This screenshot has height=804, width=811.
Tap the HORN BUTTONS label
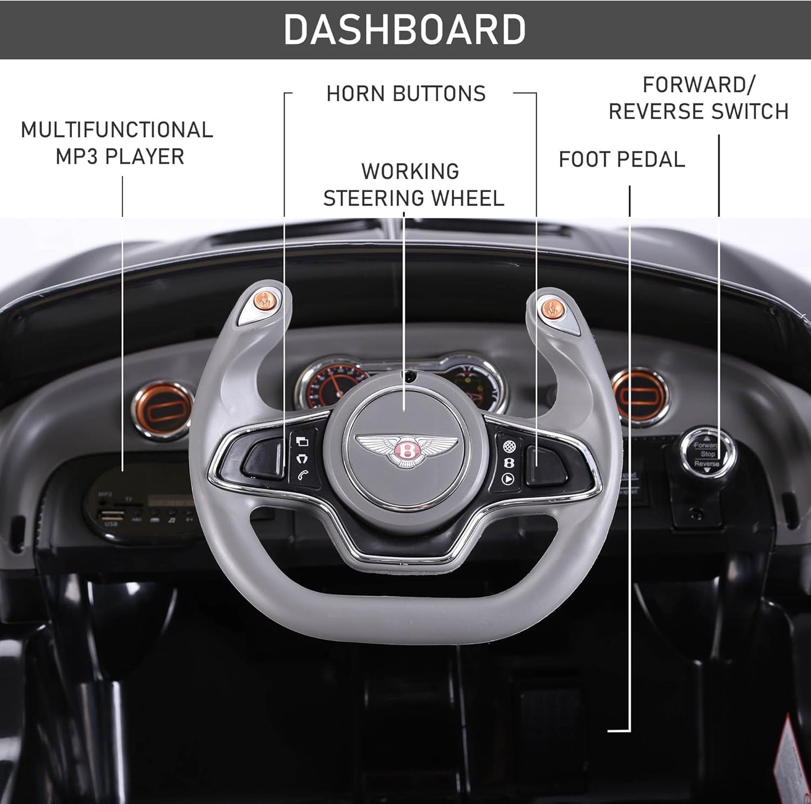click(x=406, y=94)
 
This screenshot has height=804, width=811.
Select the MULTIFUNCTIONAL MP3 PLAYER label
click(x=117, y=143)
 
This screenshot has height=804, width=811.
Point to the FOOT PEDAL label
click(x=622, y=159)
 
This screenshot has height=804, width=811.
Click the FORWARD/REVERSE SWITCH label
click(x=699, y=98)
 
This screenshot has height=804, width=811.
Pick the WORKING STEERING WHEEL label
click(x=413, y=185)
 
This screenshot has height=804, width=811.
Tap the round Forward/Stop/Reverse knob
click(x=706, y=454)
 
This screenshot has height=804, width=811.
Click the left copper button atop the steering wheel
click(x=264, y=300)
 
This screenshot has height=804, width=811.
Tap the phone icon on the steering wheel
click(x=303, y=475)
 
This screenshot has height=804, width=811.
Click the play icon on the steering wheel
click(x=508, y=479)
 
